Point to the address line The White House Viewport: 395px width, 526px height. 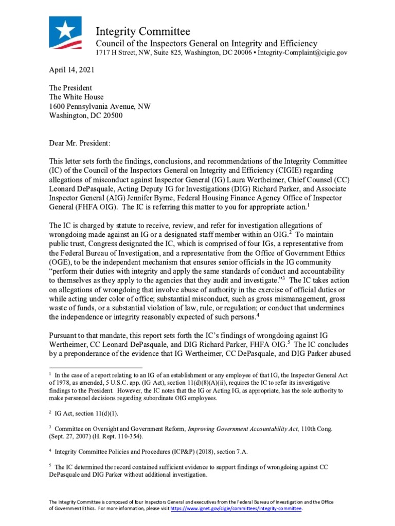[76, 97]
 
